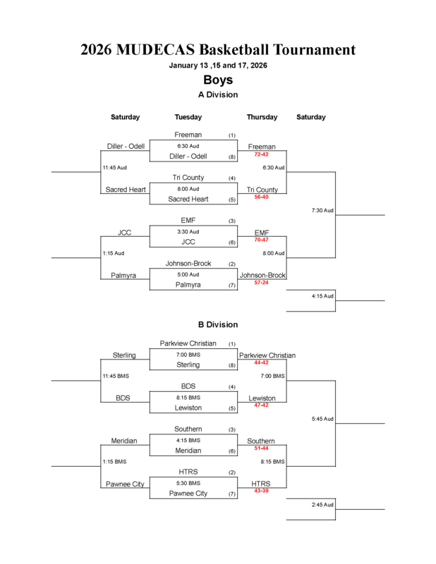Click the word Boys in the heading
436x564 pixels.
218,80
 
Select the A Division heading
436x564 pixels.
218,94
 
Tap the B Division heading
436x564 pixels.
218,325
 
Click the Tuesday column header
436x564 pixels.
188,117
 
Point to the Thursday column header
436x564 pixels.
262,117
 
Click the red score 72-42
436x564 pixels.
261,154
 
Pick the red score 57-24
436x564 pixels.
261,283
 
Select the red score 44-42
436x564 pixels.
261,362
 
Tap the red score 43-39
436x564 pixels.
261,491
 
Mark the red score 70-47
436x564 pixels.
261,240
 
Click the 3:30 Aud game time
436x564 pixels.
188,231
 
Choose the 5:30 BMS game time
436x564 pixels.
188,483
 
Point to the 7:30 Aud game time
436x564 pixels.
322,210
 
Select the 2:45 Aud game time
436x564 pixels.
322,505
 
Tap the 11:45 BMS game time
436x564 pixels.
116,376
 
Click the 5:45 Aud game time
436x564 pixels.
322,419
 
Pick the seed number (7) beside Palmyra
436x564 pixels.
232,286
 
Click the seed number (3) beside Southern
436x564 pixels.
232,429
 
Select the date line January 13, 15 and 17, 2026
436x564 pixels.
218,66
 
